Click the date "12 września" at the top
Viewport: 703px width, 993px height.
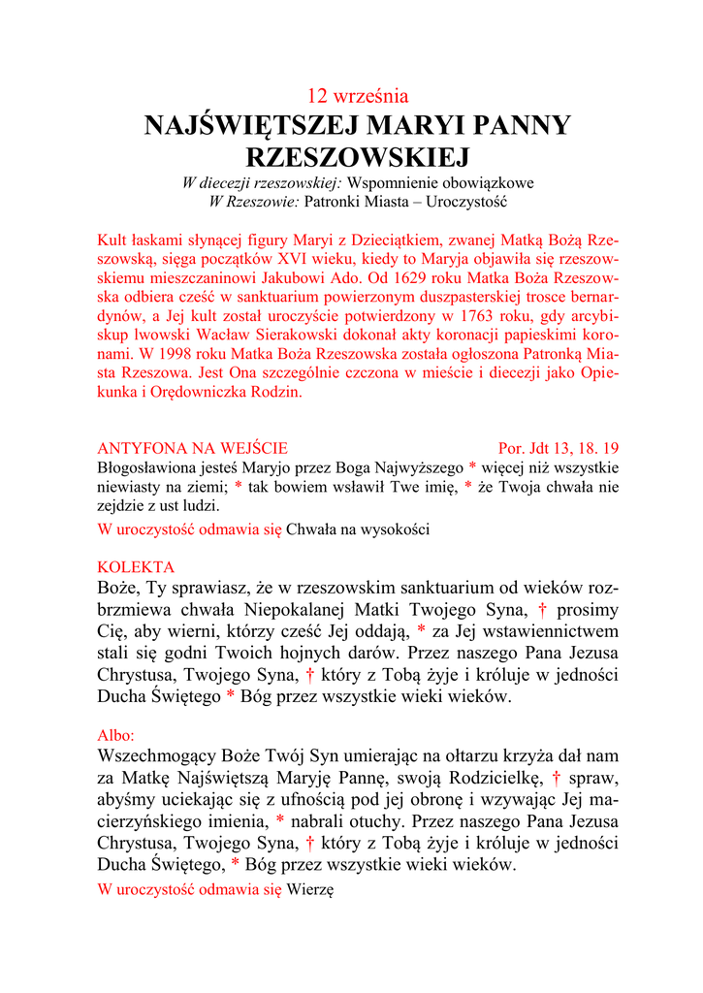click(357, 96)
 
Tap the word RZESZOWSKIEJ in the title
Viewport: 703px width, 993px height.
click(357, 157)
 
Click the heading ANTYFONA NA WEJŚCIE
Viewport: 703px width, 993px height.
click(193, 448)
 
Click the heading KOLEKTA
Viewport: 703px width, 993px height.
click(137, 566)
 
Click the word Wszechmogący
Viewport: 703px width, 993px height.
click(160, 756)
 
